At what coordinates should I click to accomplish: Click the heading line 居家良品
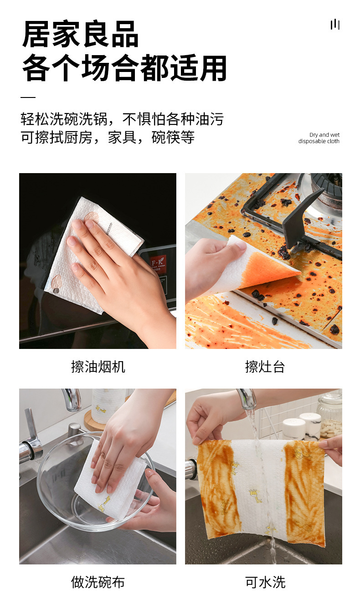[80, 35]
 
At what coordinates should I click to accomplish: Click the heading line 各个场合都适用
[124, 68]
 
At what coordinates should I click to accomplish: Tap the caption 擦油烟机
[98, 366]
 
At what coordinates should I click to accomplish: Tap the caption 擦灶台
[265, 366]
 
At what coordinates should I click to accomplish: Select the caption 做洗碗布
[98, 582]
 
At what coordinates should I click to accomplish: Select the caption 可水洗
[265, 582]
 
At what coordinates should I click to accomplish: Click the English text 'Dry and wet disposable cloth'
[319, 138]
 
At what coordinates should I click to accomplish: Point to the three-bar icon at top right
[335, 24]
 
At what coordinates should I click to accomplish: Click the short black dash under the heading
[28, 97]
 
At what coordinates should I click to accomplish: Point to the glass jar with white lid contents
[329, 415]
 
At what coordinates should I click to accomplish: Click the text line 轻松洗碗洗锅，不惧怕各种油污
[122, 119]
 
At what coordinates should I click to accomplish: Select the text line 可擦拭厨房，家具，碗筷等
[108, 137]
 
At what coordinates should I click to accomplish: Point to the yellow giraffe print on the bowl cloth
[104, 503]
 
